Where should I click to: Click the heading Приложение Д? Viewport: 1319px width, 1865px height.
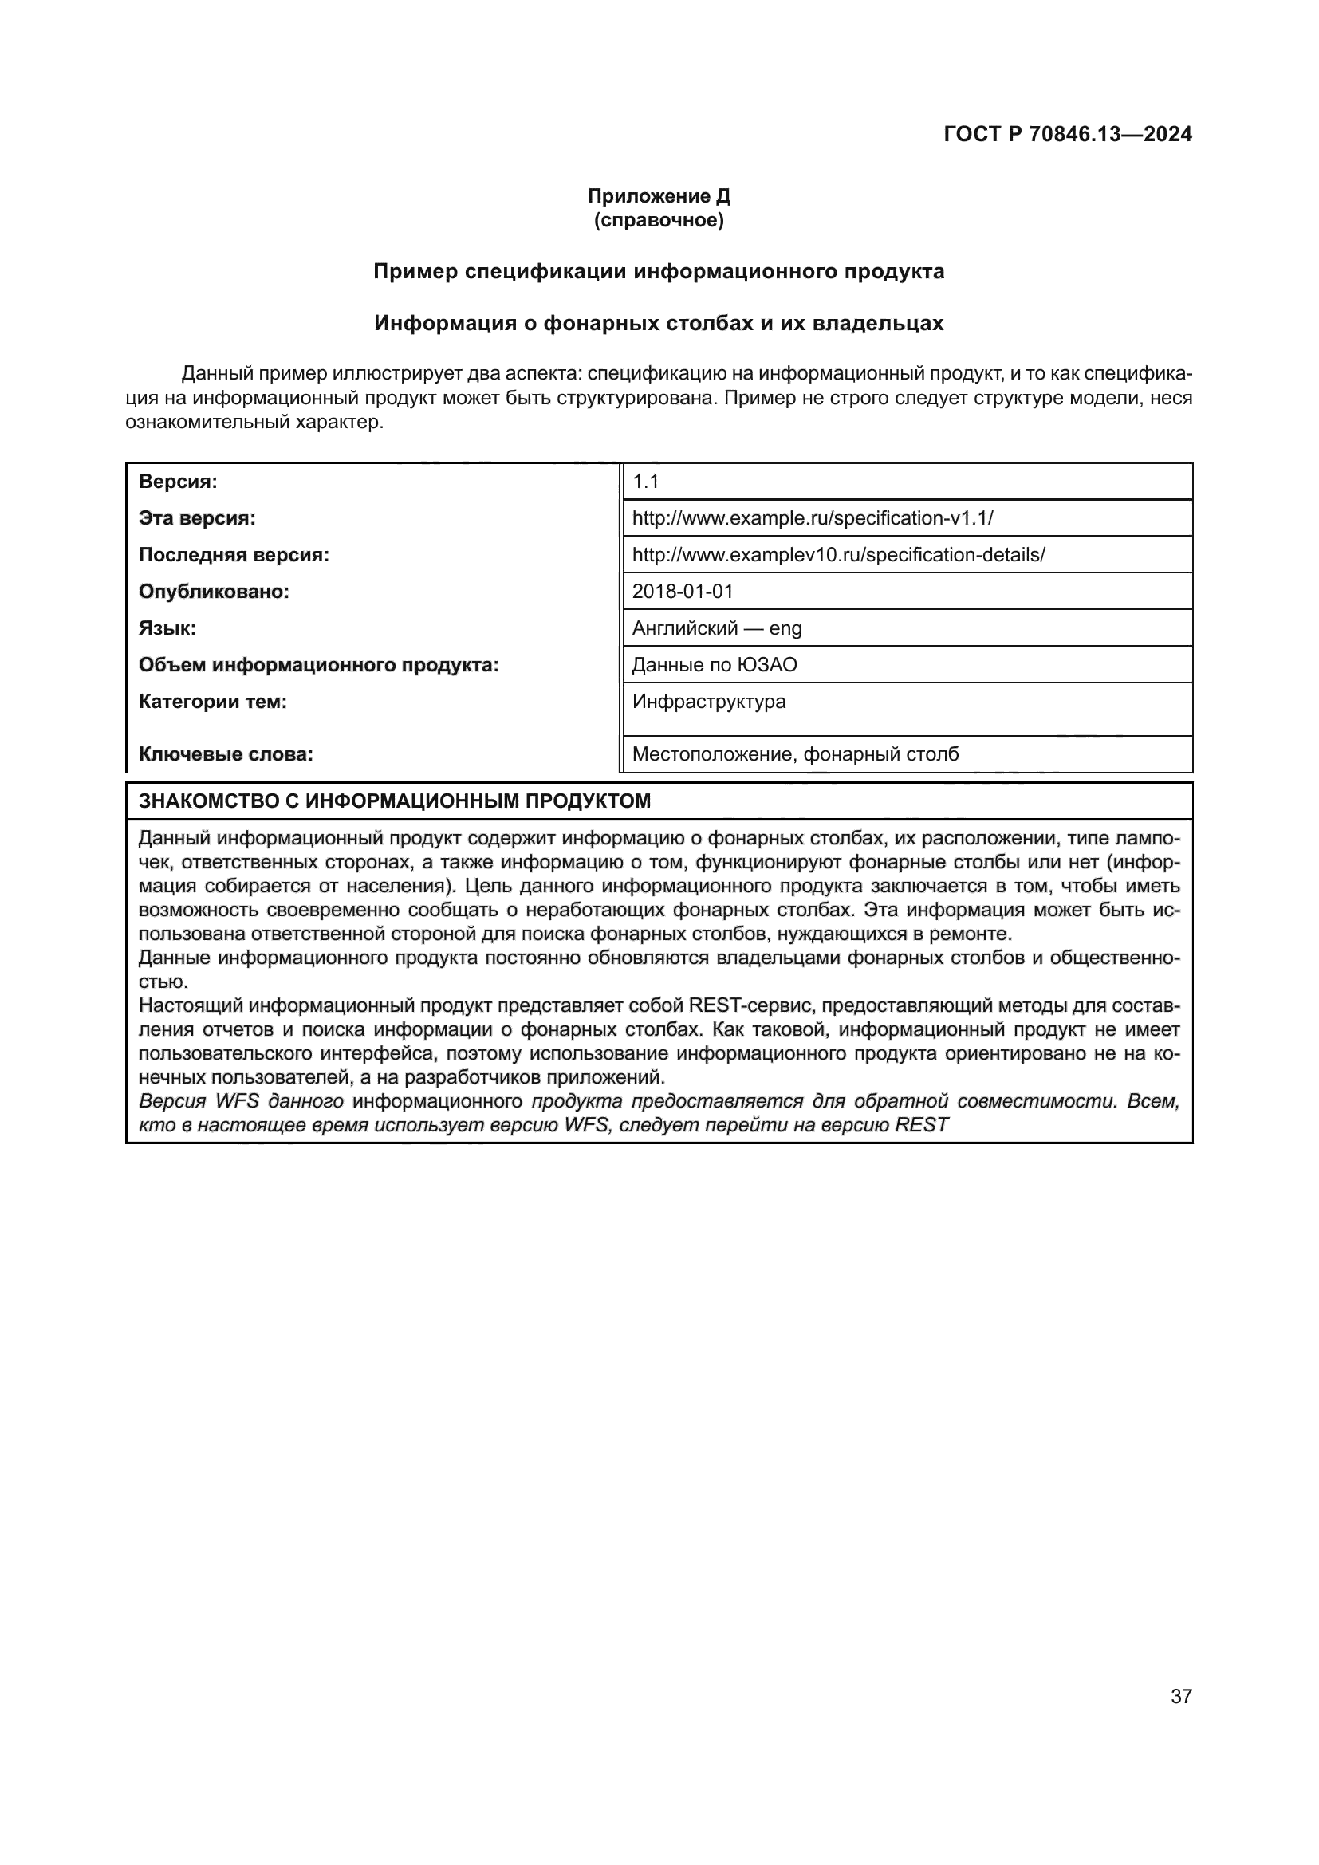pyautogui.click(x=659, y=196)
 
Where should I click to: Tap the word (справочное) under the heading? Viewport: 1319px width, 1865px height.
pyautogui.click(x=659, y=220)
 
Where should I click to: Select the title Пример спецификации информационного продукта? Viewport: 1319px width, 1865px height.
pyautogui.click(x=659, y=271)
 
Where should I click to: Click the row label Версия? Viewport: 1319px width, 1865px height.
pyautogui.click(x=178, y=482)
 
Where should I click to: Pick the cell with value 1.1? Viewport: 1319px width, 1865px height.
pyautogui.click(x=646, y=482)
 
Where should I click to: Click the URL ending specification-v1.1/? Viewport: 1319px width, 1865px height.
pyautogui.click(x=812, y=518)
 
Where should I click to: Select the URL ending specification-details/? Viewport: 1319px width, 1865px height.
pyautogui.click(x=838, y=555)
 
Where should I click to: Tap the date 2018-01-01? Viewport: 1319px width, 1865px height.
pyautogui.click(x=683, y=592)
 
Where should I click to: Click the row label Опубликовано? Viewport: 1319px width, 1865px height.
pyautogui.click(x=215, y=592)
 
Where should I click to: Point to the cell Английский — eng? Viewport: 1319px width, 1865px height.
pyautogui.click(x=716, y=628)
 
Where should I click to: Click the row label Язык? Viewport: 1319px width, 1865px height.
pyautogui.click(x=167, y=628)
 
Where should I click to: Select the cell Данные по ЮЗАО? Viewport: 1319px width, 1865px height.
pyautogui.click(x=715, y=665)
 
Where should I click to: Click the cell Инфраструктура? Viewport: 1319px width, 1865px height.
pyautogui.click(x=709, y=702)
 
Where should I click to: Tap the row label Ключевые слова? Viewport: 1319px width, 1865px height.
pyautogui.click(x=226, y=754)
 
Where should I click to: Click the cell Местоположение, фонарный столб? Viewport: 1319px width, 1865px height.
pyautogui.click(x=795, y=754)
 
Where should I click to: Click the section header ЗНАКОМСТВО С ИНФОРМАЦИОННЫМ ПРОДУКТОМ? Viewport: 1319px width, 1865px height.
pyautogui.click(x=395, y=801)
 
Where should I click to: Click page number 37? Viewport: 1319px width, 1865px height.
pyautogui.click(x=1181, y=1697)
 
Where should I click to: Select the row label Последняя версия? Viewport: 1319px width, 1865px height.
pyautogui.click(x=234, y=555)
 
